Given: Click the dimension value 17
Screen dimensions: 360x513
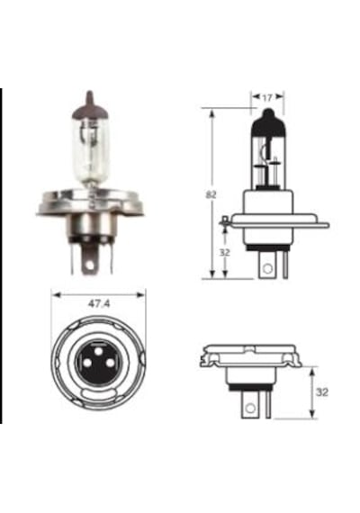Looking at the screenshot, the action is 267,97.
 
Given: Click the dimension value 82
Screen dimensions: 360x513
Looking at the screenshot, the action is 211,195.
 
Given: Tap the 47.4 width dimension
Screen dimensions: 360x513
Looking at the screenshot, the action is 99,304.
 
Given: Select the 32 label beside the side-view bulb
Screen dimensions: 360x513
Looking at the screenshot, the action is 225,253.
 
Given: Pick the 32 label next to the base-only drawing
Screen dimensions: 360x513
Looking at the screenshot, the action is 322,391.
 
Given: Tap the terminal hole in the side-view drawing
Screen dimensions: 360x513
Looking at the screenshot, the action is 267,268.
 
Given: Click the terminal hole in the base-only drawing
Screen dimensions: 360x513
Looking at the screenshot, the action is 250,408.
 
